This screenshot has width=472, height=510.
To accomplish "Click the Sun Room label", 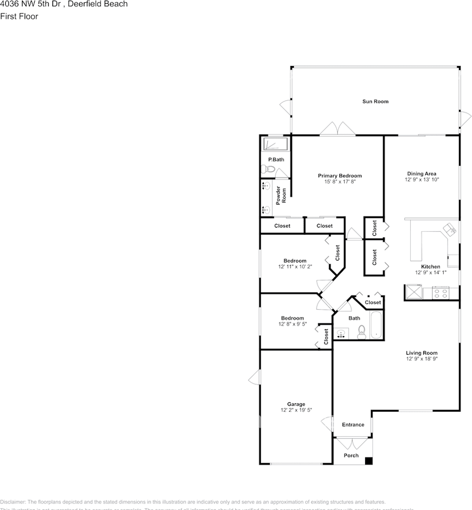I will tap(375, 101).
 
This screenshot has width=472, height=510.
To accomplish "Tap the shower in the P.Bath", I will tap(276, 144).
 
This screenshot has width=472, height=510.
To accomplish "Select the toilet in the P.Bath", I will tap(268, 169).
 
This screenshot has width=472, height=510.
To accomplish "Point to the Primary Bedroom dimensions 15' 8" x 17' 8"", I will tap(339, 182).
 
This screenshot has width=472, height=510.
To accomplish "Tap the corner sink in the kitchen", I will tap(450, 229).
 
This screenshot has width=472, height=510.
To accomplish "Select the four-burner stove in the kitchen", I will tap(440, 292).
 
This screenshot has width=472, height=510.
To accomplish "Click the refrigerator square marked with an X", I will tap(413, 292).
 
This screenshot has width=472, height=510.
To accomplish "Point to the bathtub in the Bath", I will tap(376, 325).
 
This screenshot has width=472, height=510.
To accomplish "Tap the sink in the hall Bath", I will tap(341, 334).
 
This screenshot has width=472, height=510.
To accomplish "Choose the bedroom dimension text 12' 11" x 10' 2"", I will tap(295, 267).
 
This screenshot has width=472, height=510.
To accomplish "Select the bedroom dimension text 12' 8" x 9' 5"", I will tap(293, 324).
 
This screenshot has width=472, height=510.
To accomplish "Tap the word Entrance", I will tap(353, 424).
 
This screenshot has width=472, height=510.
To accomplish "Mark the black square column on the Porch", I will tap(368, 461).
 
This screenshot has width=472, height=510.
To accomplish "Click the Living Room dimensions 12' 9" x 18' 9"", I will tap(421, 359).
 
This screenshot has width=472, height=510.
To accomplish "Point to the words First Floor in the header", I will tap(19, 16).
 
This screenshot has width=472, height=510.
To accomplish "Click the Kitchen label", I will tap(430, 267).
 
